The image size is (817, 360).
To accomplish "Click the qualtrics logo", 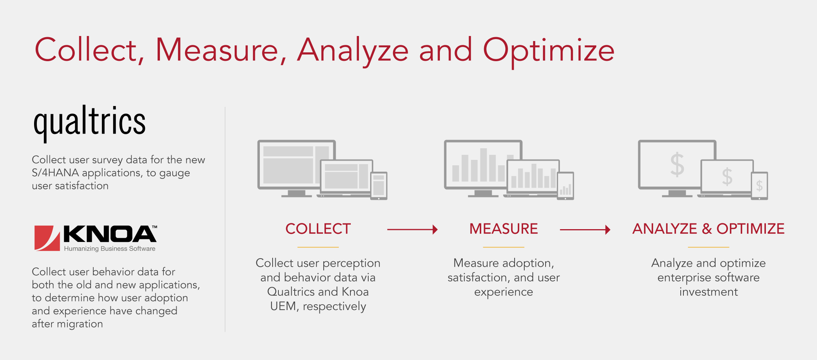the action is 89,123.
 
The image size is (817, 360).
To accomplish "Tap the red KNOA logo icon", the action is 47,238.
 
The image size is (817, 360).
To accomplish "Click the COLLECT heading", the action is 318,229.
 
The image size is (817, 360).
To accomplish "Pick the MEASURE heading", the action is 503,229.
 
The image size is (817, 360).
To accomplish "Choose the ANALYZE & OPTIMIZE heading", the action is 708,229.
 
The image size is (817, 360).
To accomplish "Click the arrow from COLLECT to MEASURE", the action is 412,230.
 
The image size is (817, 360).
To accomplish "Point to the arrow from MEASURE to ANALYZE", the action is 585,230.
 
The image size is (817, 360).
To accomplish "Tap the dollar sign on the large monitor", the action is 677,165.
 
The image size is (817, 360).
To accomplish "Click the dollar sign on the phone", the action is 759,186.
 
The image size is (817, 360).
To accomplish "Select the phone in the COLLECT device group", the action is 379,186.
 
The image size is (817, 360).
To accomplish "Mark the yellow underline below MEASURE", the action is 503,247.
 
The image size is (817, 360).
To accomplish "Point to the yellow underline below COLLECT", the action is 318,247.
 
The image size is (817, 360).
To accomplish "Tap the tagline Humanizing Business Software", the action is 110,249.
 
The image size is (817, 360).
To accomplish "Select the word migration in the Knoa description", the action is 80,324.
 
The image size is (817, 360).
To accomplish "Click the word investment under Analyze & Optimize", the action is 709,292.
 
